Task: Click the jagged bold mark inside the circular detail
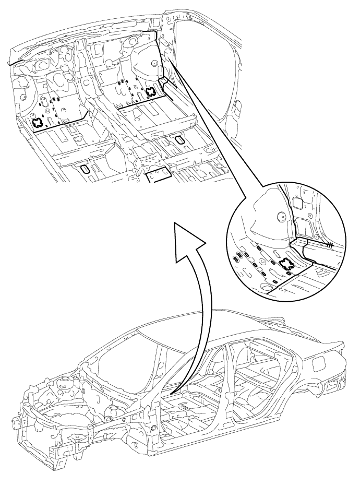(x=286, y=265)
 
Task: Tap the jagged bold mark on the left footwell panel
(x=38, y=123)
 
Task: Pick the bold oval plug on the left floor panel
(x=85, y=169)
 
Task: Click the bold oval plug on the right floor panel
(x=179, y=139)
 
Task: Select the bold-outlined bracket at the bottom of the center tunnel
(x=159, y=175)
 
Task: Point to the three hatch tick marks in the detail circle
(x=329, y=244)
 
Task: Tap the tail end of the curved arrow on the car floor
(x=172, y=392)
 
